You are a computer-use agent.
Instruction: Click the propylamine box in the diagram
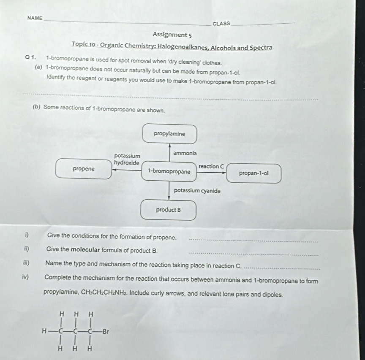coord(169,134)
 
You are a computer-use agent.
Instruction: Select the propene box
coord(84,169)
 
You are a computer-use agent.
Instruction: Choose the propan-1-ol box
coord(253,173)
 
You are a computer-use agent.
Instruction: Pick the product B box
coord(168,210)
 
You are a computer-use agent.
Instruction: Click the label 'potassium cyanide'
coord(197,191)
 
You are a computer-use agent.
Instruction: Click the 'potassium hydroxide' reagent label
coord(127,159)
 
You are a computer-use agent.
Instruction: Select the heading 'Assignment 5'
coord(168,34)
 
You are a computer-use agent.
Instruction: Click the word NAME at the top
coord(34,18)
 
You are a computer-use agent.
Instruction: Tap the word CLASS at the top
coord(222,23)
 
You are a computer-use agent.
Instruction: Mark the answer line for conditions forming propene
coord(253,241)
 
